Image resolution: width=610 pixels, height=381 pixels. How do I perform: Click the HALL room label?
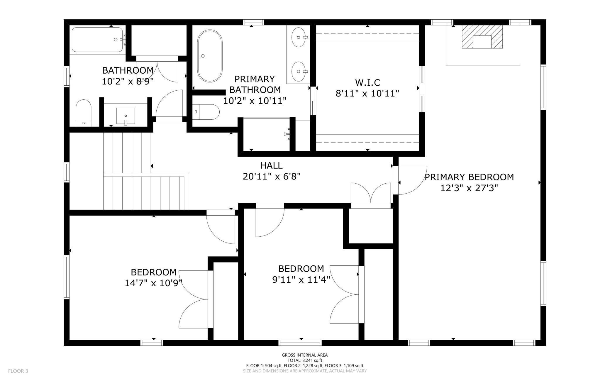(271, 165)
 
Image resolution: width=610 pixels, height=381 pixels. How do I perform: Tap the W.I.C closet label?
(367, 82)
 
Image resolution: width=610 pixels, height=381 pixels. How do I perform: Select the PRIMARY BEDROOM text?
(469, 177)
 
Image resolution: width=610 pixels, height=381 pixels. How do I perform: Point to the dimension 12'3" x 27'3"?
(469, 188)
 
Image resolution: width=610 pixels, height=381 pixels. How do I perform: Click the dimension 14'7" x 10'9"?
(153, 283)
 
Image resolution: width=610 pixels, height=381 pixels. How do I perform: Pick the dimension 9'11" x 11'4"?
(301, 280)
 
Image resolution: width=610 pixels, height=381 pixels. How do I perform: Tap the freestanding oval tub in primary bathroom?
(210, 56)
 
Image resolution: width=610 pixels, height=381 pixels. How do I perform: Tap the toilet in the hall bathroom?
(84, 113)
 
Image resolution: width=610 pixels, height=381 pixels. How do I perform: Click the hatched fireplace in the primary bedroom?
(482, 37)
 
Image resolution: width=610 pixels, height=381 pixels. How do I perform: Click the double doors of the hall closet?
(371, 193)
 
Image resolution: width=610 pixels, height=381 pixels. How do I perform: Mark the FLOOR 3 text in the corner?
(18, 371)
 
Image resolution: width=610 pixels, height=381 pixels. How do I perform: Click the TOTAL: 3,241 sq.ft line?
(305, 360)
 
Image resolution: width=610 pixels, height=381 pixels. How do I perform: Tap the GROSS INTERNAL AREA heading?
(305, 355)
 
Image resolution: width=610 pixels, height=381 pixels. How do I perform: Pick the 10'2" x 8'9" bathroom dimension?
(128, 81)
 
